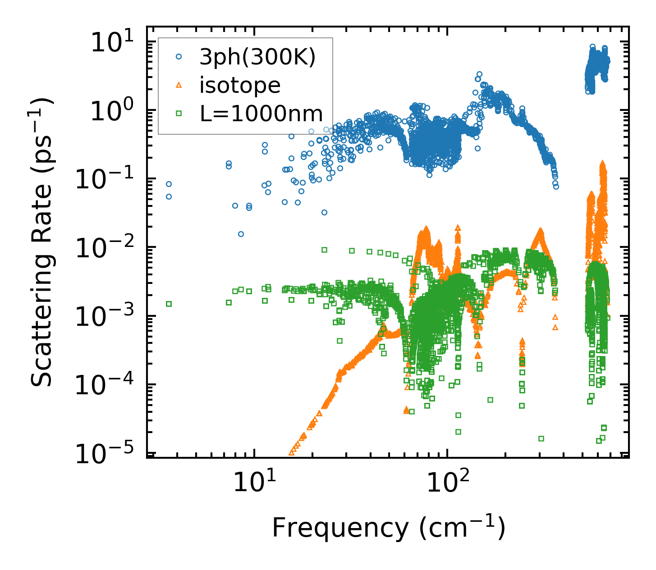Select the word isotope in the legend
pos(240,86)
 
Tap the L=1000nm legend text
pos(261,114)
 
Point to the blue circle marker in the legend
pos(179,57)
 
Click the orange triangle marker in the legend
pos(179,85)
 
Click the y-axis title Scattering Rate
pos(42,242)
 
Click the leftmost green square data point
pos(169,304)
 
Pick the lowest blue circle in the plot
pos(241,234)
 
